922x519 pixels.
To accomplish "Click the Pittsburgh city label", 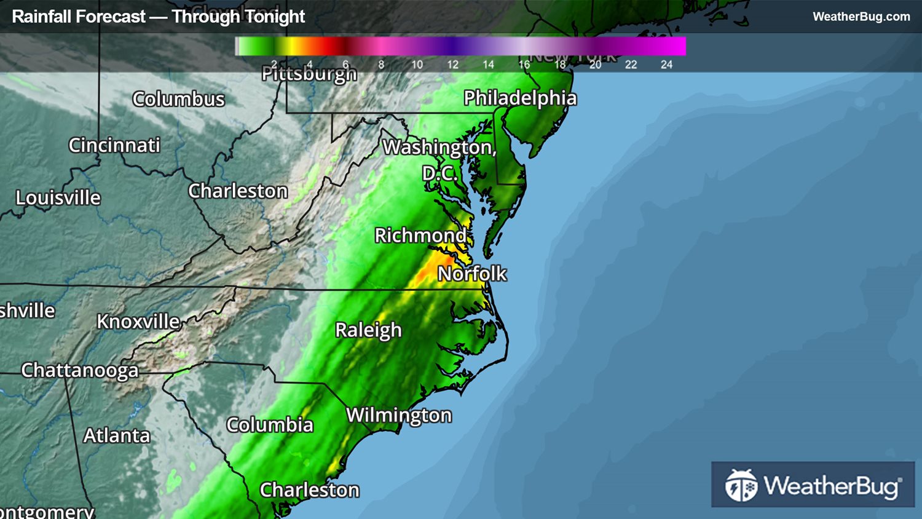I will click(309, 74).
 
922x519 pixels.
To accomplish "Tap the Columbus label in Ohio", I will click(178, 99).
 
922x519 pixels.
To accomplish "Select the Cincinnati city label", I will click(114, 145).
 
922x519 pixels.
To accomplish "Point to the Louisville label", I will click(58, 197).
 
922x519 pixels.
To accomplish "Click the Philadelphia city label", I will click(520, 98).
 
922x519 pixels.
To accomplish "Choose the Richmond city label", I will click(420, 235).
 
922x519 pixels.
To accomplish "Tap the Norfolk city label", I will click(472, 273).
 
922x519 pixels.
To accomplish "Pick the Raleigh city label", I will click(368, 330).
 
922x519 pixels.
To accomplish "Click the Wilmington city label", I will click(399, 415).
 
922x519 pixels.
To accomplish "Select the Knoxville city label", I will click(138, 321).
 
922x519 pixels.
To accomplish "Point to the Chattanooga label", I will click(80, 370).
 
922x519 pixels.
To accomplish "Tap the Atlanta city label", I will click(117, 435).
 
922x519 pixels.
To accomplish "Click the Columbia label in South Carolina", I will click(270, 424).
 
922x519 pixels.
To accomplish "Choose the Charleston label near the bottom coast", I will click(309, 489).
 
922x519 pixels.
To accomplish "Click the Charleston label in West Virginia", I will click(238, 191).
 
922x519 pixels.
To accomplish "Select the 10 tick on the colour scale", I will click(417, 65).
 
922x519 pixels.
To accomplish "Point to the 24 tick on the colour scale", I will click(666, 65).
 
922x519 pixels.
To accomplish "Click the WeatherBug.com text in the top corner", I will click(861, 17).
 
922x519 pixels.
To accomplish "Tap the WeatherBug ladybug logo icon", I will click(741, 485).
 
